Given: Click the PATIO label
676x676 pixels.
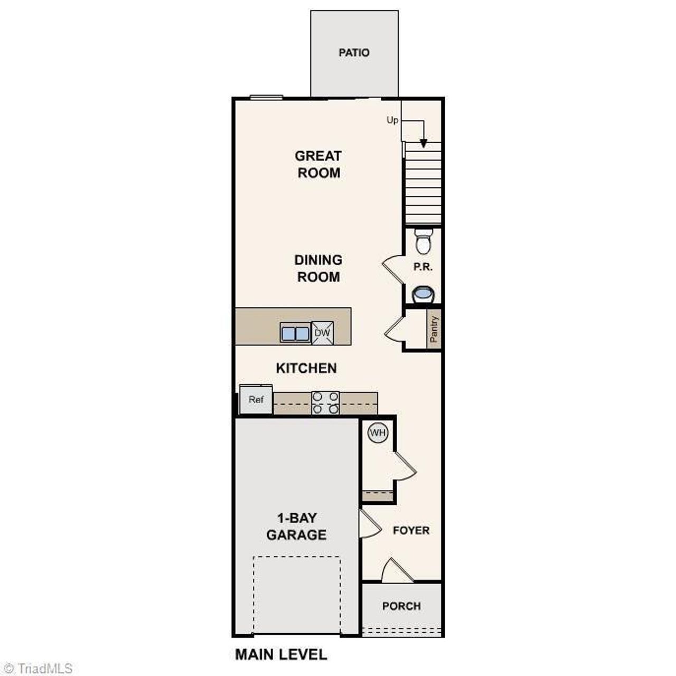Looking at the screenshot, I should point(354,53).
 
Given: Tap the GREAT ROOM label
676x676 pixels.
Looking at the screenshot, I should point(318,164).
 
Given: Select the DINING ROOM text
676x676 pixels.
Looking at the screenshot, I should point(318,268).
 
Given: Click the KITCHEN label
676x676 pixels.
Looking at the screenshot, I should point(306,368).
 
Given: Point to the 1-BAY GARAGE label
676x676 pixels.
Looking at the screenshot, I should point(296,526).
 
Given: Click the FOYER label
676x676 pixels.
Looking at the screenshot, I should point(411,530).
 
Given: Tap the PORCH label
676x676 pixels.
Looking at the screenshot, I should point(401,606).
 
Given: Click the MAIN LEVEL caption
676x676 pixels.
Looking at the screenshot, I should point(281,655).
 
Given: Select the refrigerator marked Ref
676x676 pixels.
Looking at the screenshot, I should point(256,400).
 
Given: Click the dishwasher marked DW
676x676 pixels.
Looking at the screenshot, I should point(322,333).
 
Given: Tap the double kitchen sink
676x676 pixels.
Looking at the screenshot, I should point(295,334).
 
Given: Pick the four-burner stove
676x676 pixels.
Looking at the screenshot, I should point(325,402).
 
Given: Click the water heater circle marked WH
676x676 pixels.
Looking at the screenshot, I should point(378,433).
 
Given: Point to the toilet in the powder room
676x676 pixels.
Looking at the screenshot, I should point(423,242).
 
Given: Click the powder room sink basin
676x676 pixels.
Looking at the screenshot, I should point(423,294).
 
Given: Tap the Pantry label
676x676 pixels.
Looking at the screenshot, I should point(434,330).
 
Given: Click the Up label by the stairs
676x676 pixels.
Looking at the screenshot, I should point(392,120).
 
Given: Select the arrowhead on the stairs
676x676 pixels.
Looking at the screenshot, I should point(424,143).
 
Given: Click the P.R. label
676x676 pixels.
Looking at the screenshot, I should point(423,267).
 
